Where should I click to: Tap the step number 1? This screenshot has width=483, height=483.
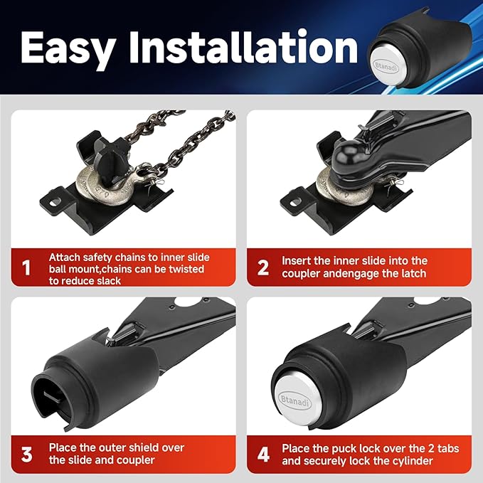tap(26, 267)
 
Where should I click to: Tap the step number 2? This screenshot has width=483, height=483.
tap(262, 267)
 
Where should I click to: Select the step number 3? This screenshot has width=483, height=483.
tap(26, 455)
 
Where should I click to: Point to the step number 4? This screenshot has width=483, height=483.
tap(263, 455)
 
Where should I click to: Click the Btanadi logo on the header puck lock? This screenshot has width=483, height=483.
tap(386, 67)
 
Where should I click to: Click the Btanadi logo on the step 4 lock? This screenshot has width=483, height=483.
tap(294, 400)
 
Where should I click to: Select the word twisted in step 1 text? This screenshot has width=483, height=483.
tap(186, 269)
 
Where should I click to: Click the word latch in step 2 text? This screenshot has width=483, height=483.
tap(412, 273)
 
